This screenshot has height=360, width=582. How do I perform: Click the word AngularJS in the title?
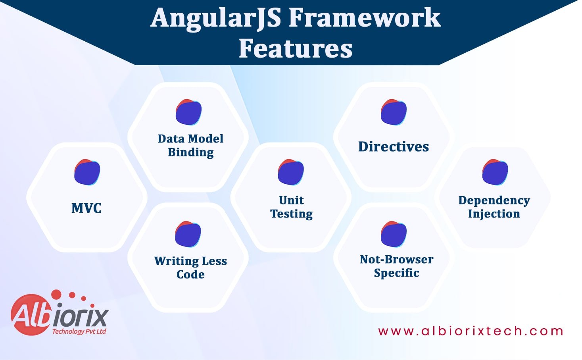coord(216,18)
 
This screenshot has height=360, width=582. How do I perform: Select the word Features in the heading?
coord(295,48)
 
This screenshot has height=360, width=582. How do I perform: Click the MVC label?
coord(86,208)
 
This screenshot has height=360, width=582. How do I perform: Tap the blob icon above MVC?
coord(87,172)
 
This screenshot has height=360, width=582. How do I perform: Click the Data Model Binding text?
coord(190,145)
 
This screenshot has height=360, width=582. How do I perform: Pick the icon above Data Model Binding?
coord(188,112)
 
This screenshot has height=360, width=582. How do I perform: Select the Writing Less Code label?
coord(190,268)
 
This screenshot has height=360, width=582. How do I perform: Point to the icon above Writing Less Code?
coord(188,234)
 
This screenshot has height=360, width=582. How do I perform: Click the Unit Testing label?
coord(292,207)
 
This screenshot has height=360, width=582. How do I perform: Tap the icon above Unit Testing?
coord(291,172)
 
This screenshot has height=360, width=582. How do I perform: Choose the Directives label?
coord(394,147)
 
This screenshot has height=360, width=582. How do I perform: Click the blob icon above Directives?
coord(394,112)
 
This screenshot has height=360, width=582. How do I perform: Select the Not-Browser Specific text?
coord(396,266)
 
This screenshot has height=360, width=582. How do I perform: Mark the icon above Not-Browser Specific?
coord(394,234)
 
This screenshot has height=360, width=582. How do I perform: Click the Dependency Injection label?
coord(494,207)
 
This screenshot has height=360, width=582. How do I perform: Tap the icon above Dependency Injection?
coord(495,172)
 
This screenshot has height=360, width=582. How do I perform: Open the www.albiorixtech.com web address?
coord(471,331)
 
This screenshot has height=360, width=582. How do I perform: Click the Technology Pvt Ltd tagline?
coord(79,331)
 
